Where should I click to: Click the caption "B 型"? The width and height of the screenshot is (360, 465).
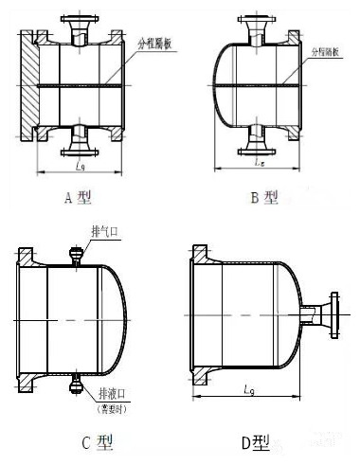[x=264, y=197]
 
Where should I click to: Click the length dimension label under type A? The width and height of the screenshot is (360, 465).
[x=79, y=168]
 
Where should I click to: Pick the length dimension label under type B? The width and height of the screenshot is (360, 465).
[x=259, y=164]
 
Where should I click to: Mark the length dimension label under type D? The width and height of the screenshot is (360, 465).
[x=248, y=388]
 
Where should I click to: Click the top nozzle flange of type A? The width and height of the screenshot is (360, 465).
[x=78, y=20]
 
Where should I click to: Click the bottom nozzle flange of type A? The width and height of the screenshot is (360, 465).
[x=78, y=151]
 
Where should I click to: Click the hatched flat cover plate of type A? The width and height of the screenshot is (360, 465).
[x=27, y=87]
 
